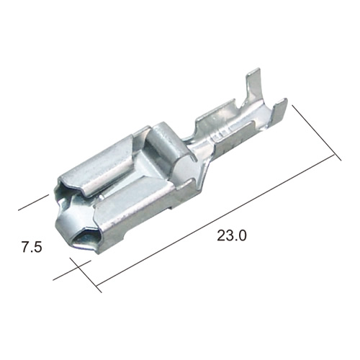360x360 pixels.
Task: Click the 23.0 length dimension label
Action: (x=232, y=235)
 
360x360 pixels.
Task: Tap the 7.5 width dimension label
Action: (x=32, y=247)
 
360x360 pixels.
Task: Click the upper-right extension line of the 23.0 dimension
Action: (x=316, y=132)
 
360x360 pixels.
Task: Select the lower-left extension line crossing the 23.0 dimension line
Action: (x=86, y=275)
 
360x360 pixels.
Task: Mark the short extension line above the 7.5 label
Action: (x=33, y=203)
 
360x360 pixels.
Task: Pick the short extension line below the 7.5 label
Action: (x=72, y=270)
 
